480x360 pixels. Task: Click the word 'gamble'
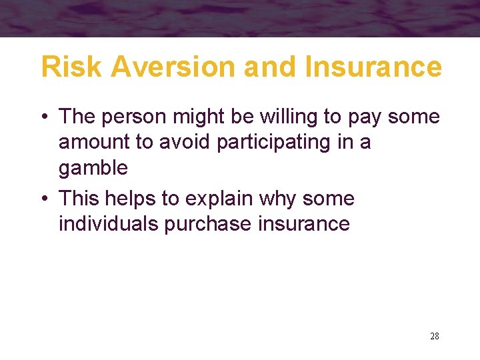tap(93, 168)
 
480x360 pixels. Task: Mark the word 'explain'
tap(221, 199)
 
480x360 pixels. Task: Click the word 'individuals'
tap(109, 223)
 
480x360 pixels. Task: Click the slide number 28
tap(435, 336)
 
